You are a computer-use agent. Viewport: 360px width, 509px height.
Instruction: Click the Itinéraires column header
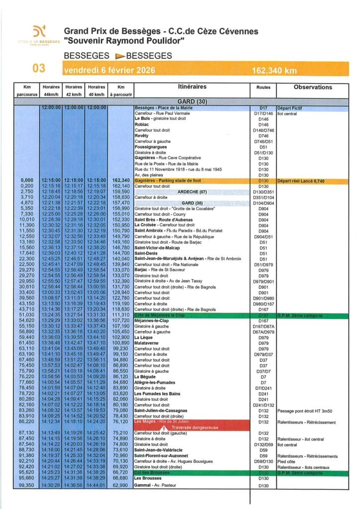(191, 87)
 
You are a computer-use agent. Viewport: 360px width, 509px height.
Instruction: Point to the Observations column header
(313, 87)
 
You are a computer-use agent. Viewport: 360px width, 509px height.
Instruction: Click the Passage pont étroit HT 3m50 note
(305, 411)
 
